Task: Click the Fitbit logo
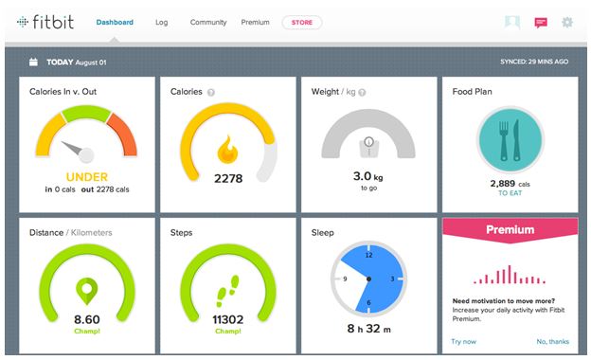click(x=45, y=21)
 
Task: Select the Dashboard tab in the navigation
click(x=115, y=22)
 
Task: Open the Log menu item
click(x=161, y=22)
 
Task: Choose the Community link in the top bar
click(x=207, y=22)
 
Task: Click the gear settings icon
click(x=567, y=22)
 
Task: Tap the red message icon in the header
click(x=541, y=22)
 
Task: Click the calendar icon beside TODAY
click(x=33, y=62)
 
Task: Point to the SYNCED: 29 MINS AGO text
click(x=534, y=62)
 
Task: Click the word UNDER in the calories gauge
click(x=87, y=176)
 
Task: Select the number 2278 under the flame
click(x=228, y=177)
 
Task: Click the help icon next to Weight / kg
click(x=363, y=92)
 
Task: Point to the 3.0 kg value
click(x=368, y=176)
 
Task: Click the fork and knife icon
click(x=510, y=139)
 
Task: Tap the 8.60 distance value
click(x=87, y=320)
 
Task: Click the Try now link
click(x=463, y=341)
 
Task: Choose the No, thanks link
click(x=553, y=341)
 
